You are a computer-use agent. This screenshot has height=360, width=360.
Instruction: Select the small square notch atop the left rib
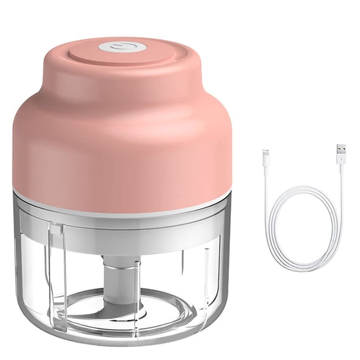[x=57, y=230]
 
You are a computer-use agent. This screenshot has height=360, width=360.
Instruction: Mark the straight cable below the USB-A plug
[x=341, y=186]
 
